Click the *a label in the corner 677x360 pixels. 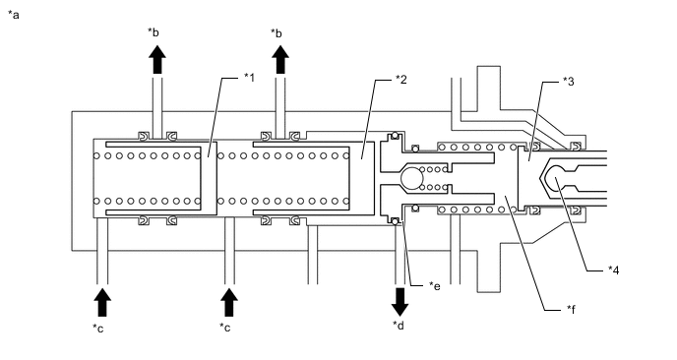click(x=14, y=15)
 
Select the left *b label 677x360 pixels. click(x=154, y=31)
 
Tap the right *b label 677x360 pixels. click(x=277, y=32)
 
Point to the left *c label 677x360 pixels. click(x=98, y=329)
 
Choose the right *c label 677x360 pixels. click(x=225, y=328)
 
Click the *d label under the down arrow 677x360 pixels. click(x=399, y=325)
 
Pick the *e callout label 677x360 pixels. click(x=434, y=286)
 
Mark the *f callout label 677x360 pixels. click(x=571, y=309)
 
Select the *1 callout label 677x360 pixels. click(x=249, y=78)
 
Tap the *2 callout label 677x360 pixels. click(x=401, y=79)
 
